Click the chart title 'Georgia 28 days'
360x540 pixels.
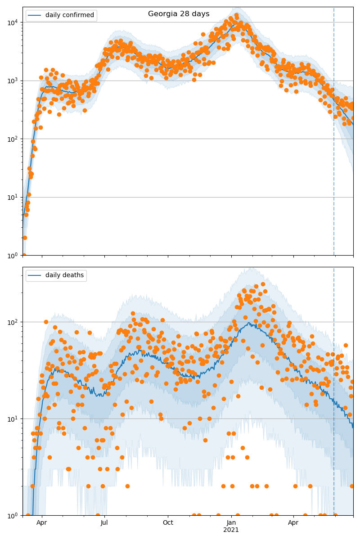[179, 14]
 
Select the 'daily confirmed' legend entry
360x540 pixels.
[69, 15]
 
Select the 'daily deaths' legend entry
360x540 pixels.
[64, 275]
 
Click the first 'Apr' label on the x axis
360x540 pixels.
[42, 522]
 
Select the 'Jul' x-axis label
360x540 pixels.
[104, 522]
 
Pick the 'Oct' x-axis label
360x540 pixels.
[168, 522]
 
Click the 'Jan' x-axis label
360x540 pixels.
[231, 522]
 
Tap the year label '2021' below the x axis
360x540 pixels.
[231, 530]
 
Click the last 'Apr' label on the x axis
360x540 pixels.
[293, 522]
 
